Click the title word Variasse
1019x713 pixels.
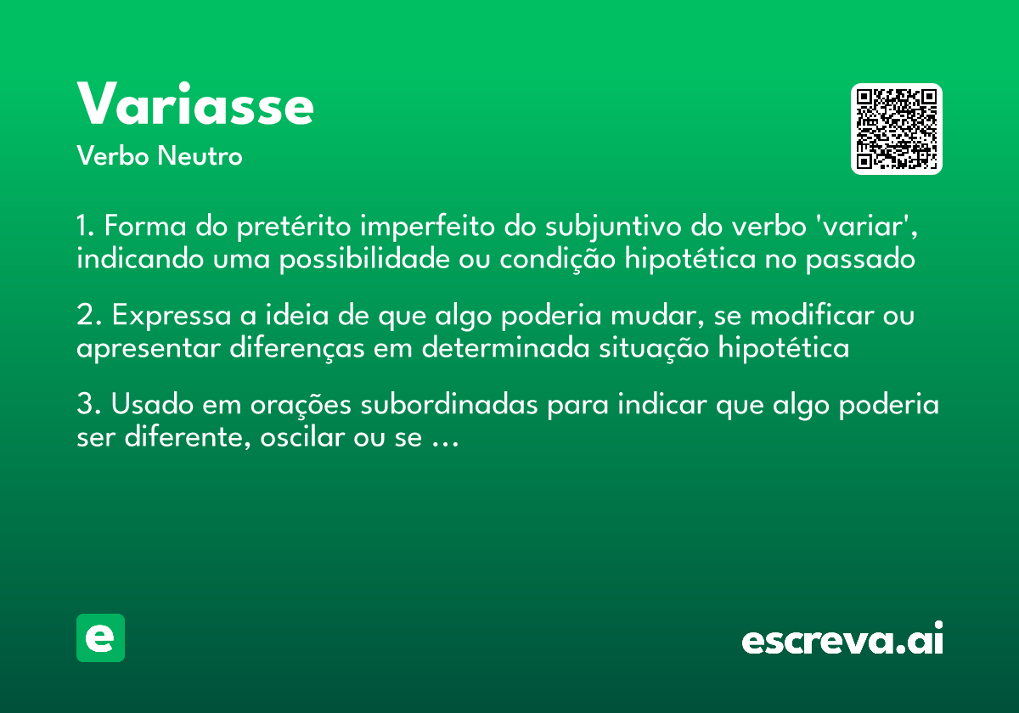click(x=195, y=105)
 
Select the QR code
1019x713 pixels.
click(x=897, y=129)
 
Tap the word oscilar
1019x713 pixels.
click(x=312, y=439)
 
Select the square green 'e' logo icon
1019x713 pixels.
click(x=100, y=637)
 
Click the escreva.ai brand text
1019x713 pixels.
click(x=842, y=640)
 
